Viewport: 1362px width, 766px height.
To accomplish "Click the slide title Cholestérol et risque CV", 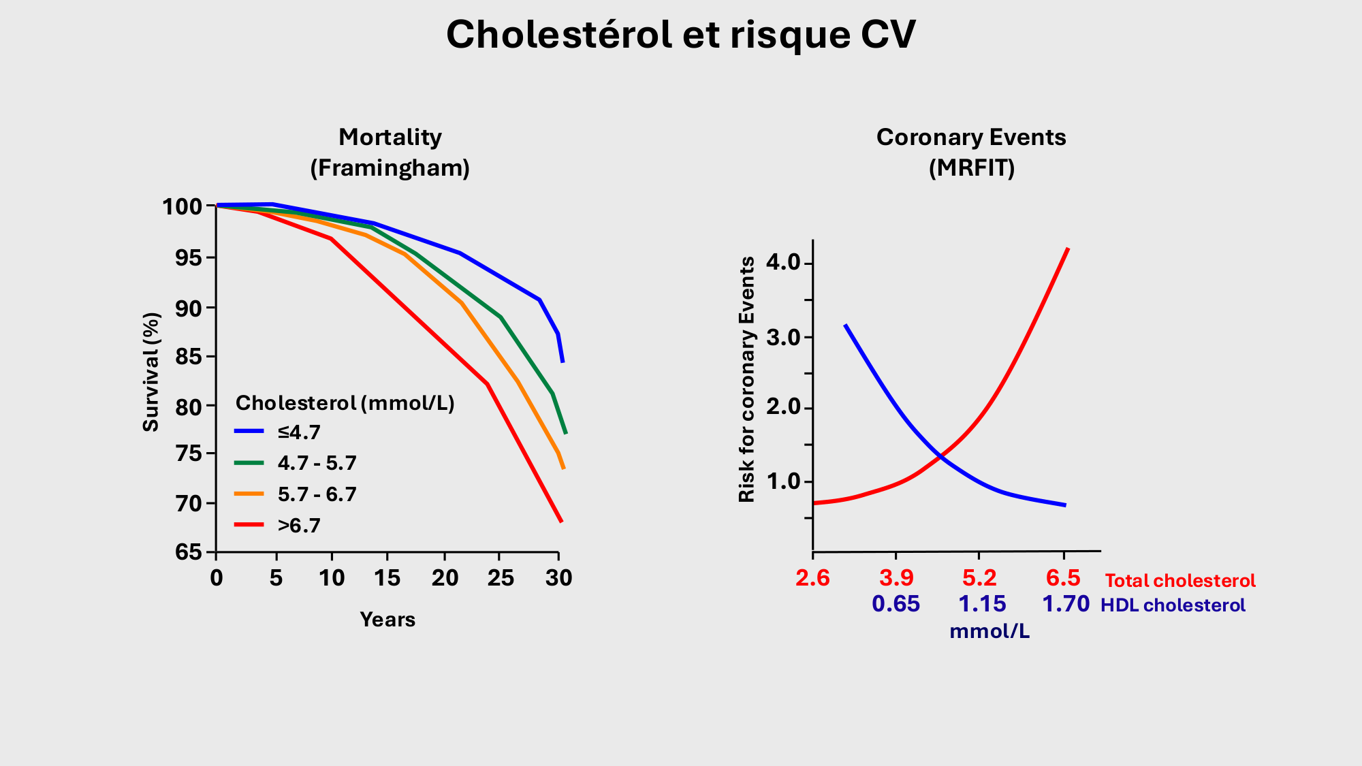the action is pyautogui.click(x=681, y=35).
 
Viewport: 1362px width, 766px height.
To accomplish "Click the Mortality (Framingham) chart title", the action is pyautogui.click(x=390, y=153).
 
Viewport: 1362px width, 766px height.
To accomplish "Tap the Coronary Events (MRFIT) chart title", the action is pyautogui.click(x=971, y=153).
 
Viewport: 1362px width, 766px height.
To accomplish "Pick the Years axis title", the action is pyautogui.click(x=387, y=620).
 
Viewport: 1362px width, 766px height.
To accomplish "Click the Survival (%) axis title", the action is pyautogui.click(x=151, y=372).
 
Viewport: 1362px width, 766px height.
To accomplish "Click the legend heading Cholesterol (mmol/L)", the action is pyautogui.click(x=345, y=403).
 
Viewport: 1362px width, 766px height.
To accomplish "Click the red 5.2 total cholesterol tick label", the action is pyautogui.click(x=979, y=579).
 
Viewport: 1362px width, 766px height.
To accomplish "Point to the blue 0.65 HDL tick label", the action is pyautogui.click(x=896, y=604).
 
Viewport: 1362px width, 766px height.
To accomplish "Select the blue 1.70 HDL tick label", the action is pyautogui.click(x=1066, y=604).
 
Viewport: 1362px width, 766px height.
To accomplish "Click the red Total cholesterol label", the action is pyautogui.click(x=1180, y=581).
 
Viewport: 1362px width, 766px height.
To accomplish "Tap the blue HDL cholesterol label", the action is pyautogui.click(x=1173, y=605).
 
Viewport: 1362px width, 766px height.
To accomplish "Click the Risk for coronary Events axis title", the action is pyautogui.click(x=747, y=379).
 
